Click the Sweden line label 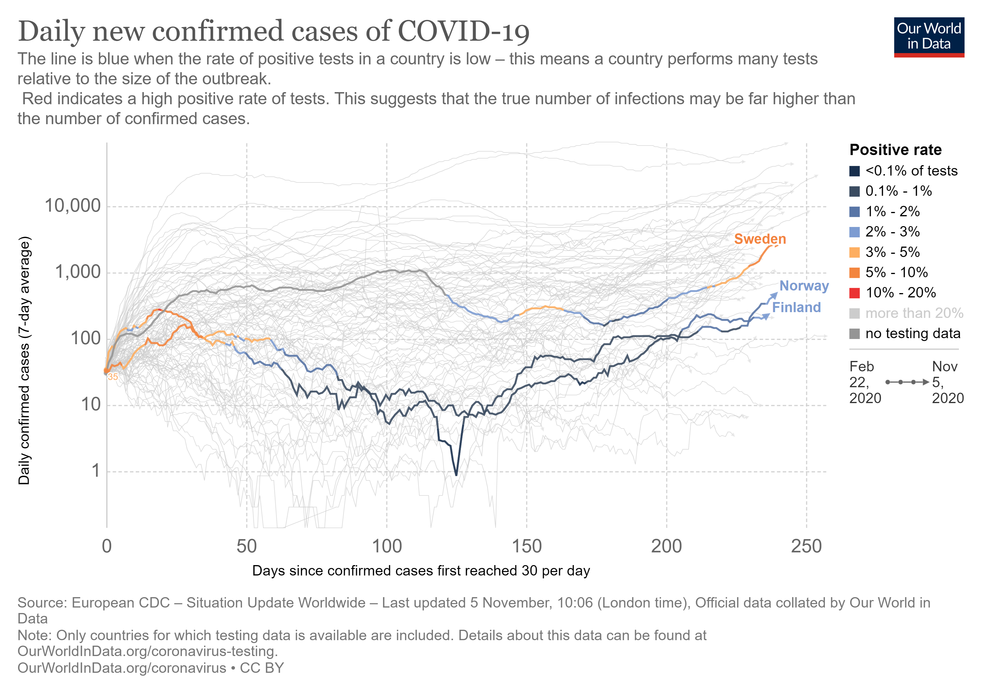point(760,239)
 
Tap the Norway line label point(804,286)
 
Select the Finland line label point(796,308)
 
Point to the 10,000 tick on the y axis point(73,206)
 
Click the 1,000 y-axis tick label point(78,272)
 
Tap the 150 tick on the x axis point(527,546)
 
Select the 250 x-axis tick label point(806,546)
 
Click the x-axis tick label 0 point(107,546)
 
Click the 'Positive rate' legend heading point(895,150)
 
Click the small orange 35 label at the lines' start point(112,377)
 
